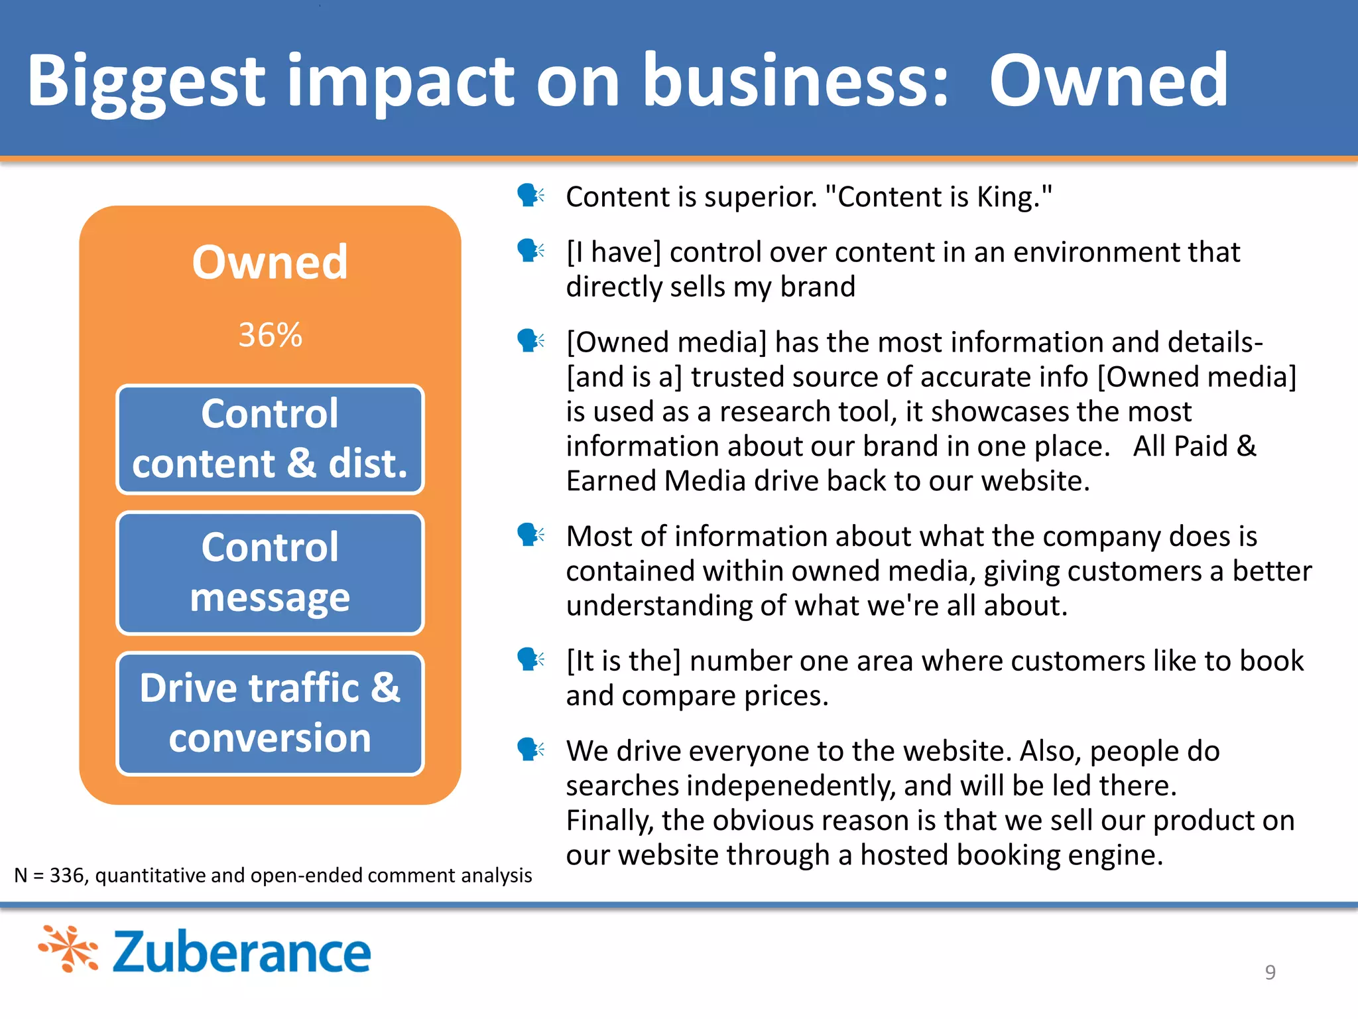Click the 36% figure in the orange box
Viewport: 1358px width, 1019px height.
tap(270, 334)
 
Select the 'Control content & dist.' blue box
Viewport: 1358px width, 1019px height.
tap(270, 439)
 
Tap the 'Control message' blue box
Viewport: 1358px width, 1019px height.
tap(270, 573)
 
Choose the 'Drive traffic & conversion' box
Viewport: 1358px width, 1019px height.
tap(270, 713)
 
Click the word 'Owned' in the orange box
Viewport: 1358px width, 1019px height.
tap(270, 263)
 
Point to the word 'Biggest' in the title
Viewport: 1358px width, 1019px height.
tap(146, 81)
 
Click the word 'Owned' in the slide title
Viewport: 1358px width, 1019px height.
tap(1109, 81)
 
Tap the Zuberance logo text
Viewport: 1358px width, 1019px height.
tap(241, 952)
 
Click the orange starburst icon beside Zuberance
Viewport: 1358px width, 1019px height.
tap(68, 949)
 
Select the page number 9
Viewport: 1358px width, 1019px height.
tap(1270, 972)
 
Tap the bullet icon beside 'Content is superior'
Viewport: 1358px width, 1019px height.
tap(530, 196)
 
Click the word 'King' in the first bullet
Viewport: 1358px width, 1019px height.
tap(1007, 197)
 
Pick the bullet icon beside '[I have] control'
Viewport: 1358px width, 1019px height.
tap(530, 251)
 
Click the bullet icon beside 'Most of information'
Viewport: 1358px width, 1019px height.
tap(530, 535)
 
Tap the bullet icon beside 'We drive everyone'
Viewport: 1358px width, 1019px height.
tap(530, 750)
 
